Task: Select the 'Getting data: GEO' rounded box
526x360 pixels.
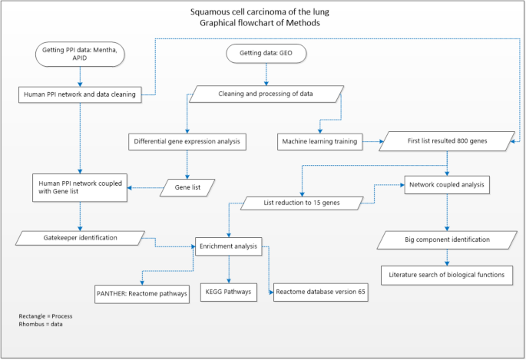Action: pyautogui.click(x=266, y=54)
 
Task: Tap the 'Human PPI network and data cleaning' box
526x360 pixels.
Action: pyautogui.click(x=78, y=95)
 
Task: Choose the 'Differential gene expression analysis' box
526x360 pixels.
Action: pyautogui.click(x=186, y=141)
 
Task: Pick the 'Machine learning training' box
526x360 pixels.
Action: pyautogui.click(x=320, y=141)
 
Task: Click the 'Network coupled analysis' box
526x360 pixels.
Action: pyautogui.click(x=447, y=184)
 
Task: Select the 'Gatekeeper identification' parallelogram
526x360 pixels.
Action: pyautogui.click(x=79, y=238)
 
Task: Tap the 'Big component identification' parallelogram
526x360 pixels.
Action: pyautogui.click(x=447, y=239)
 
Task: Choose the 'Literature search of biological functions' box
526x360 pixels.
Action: pyautogui.click(x=447, y=275)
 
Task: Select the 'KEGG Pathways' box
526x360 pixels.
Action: pyautogui.click(x=228, y=292)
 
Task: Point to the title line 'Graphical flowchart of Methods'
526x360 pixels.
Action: pyautogui.click(x=263, y=22)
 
